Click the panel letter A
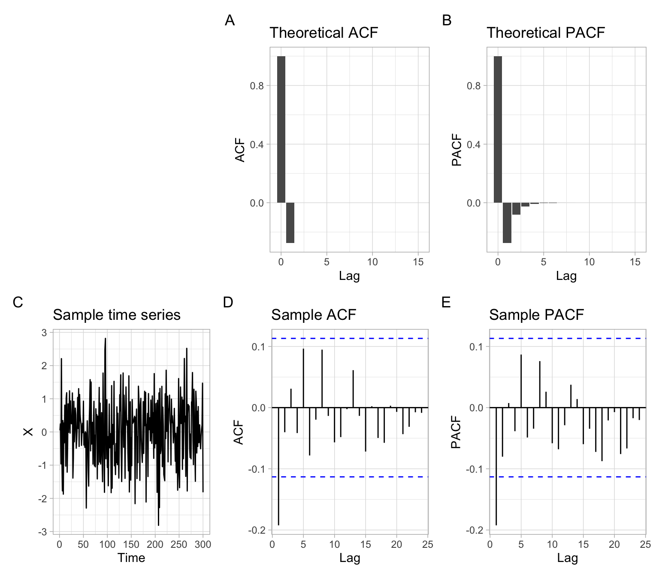click(x=230, y=20)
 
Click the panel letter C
click(x=18, y=302)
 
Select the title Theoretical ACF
click(x=323, y=33)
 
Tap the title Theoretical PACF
click(x=545, y=33)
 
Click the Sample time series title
click(x=116, y=315)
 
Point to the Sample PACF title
click(x=536, y=315)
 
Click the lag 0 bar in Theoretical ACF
click(x=281, y=129)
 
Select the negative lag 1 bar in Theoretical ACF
click(x=290, y=223)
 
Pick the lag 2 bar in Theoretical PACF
click(x=516, y=209)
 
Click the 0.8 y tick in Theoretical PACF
click(x=474, y=86)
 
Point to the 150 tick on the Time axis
click(x=131, y=544)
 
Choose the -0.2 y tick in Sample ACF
click(x=257, y=530)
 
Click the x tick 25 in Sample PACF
click(x=645, y=544)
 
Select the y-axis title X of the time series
click(x=28, y=431)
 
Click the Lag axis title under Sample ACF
click(x=350, y=558)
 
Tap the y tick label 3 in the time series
click(x=44, y=333)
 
